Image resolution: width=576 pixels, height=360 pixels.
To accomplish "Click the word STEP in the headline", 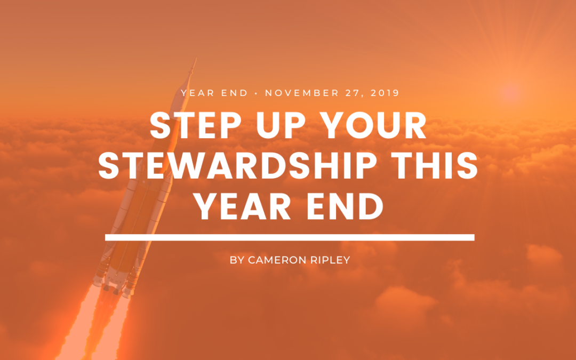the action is (195, 126).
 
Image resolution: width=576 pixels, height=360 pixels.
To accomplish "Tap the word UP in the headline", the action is (281, 126).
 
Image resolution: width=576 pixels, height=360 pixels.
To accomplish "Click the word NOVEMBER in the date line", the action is (302, 93).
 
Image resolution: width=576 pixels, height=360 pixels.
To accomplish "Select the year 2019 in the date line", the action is (385, 93).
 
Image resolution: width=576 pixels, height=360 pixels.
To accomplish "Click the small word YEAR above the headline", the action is (198, 93).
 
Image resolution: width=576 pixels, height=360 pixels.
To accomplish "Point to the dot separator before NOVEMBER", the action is (257, 93).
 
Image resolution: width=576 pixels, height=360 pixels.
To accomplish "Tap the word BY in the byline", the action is (237, 260).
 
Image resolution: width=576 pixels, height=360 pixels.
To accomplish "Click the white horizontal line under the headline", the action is (290, 237).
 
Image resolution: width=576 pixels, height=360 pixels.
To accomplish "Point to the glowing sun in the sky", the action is (510, 92).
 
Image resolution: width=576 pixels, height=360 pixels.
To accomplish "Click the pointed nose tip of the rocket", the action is (195, 59).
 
